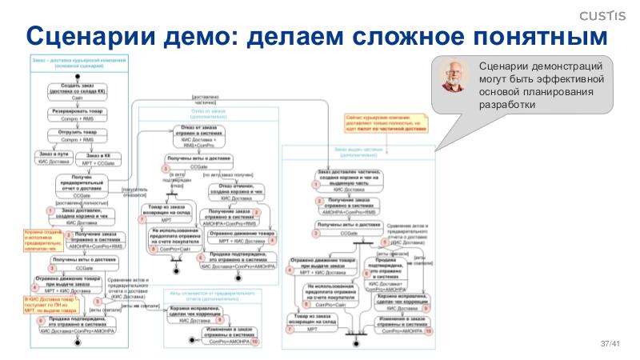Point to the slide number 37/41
click(610, 344)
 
